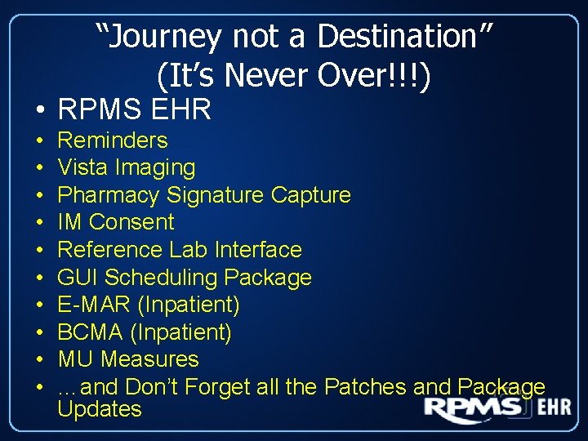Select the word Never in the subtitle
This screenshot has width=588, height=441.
269,75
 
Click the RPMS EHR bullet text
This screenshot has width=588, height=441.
134,109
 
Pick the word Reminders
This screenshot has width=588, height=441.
113,140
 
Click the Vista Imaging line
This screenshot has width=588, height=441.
127,167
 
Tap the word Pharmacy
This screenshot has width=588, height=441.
109,195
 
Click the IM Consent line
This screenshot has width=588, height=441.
116,222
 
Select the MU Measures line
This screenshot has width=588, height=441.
128,359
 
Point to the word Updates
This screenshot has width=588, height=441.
100,409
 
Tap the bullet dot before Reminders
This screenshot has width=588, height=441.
39,141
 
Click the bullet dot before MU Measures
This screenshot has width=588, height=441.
39,360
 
